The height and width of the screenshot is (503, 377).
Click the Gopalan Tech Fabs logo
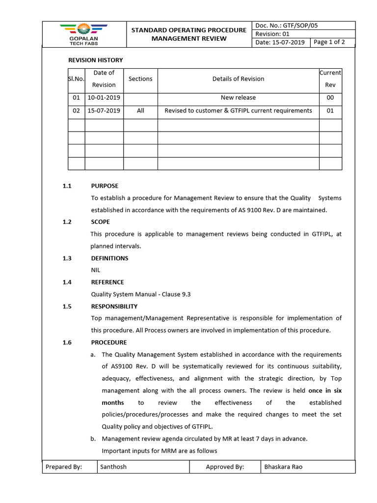[x=83, y=34]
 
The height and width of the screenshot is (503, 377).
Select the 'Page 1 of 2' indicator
[x=329, y=42]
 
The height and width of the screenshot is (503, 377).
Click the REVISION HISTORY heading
[x=95, y=60]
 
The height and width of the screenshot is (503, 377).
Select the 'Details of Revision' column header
[x=238, y=79]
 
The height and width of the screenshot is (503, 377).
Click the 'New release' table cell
[x=238, y=98]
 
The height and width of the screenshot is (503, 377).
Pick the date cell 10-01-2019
[x=104, y=98]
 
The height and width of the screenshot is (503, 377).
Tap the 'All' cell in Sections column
[x=140, y=111]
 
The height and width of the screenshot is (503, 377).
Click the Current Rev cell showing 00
[x=330, y=98]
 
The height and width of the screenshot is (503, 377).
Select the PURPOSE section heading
[x=105, y=186]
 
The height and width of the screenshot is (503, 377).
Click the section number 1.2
[x=67, y=222]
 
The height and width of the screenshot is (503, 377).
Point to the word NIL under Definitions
[x=96, y=270]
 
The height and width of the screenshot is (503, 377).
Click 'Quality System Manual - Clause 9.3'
[x=141, y=294]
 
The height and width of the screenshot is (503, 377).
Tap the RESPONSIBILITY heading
[x=114, y=307]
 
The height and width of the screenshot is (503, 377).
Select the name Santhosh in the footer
[x=113, y=467]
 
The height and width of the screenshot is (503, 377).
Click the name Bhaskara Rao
[x=283, y=467]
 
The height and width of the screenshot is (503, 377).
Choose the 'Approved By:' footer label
[x=225, y=467]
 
